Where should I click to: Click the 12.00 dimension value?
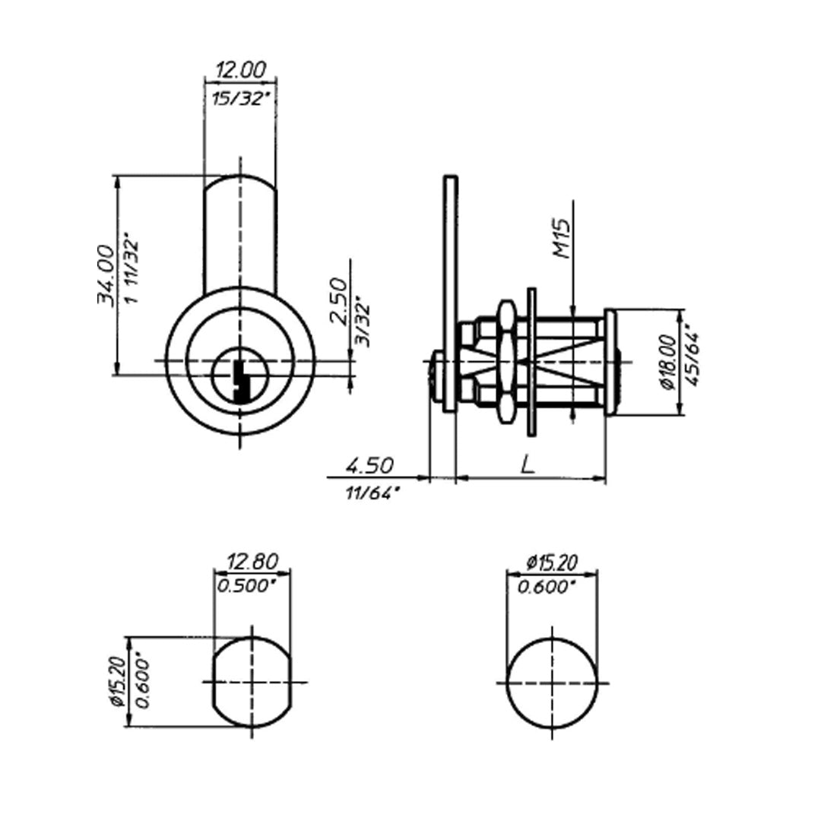click(x=241, y=70)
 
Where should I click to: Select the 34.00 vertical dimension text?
click(x=105, y=275)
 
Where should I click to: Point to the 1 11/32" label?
click(x=132, y=271)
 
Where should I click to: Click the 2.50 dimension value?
click(x=339, y=301)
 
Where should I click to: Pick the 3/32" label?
click(x=363, y=322)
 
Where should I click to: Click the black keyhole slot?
click(x=242, y=381)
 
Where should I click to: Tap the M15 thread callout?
click(x=561, y=238)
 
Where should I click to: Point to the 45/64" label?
click(x=692, y=358)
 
